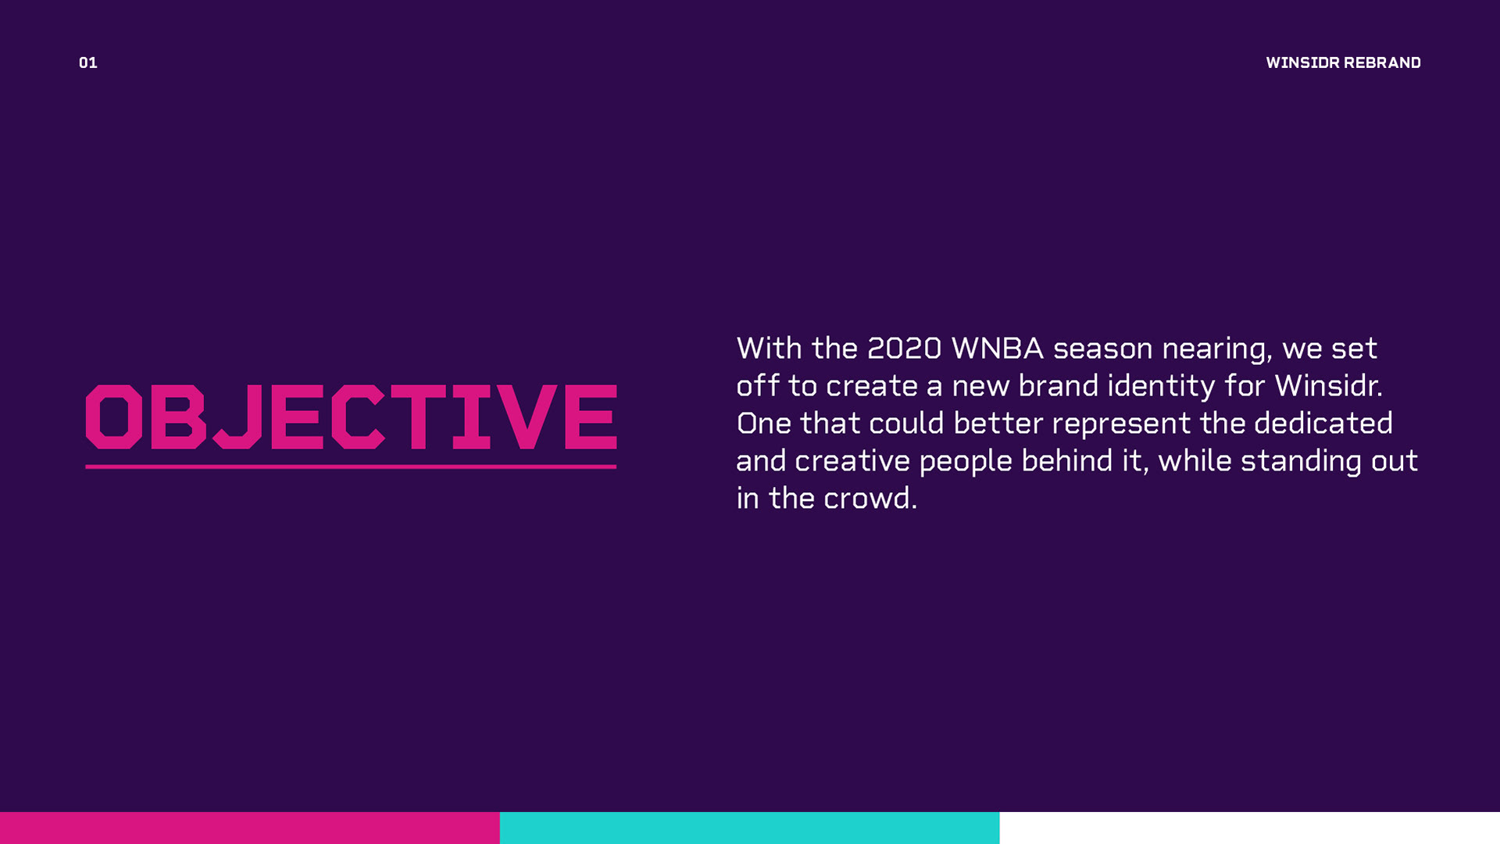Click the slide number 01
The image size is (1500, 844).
[x=88, y=63]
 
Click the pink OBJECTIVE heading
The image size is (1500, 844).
[x=351, y=417]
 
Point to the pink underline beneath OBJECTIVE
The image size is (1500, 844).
[x=351, y=467]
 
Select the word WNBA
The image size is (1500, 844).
[x=997, y=349]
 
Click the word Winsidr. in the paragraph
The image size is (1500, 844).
[x=1328, y=386]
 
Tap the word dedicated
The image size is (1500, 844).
[x=1323, y=424]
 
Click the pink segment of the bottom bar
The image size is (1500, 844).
[x=250, y=828]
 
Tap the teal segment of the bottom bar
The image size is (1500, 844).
[x=750, y=828]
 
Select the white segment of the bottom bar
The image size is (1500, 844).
[x=1250, y=828]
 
